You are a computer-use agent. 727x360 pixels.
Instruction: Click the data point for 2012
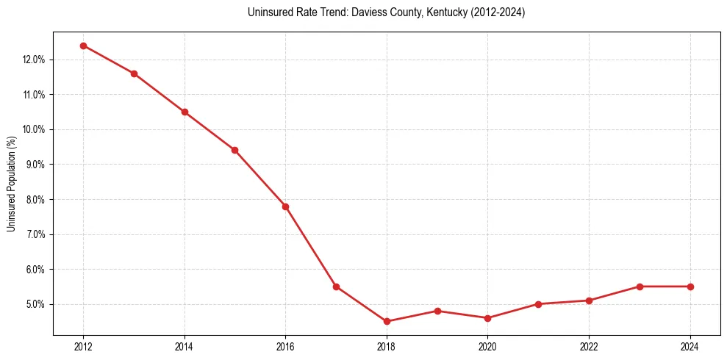(83, 46)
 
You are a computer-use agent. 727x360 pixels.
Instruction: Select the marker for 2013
(134, 73)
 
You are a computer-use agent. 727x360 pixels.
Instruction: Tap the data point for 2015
(235, 150)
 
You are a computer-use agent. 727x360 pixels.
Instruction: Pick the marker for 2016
(285, 206)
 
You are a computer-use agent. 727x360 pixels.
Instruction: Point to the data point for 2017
(336, 287)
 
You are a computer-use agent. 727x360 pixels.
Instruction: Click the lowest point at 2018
(387, 321)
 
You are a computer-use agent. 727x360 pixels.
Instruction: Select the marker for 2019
(437, 311)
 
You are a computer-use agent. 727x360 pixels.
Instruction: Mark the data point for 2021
(539, 304)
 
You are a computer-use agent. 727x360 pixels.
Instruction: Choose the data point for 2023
(640, 287)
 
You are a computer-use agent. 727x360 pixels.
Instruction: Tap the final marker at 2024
(690, 287)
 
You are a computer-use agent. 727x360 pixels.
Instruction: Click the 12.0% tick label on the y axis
(34, 60)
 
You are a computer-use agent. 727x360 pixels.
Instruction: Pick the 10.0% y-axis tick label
(34, 130)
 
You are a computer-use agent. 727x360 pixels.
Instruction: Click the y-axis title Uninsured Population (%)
(11, 184)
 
